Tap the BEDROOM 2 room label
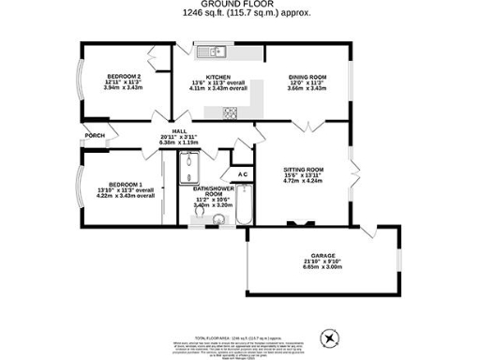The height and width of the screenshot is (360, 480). [x=124, y=75]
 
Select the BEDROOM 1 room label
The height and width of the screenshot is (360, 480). [x=126, y=184]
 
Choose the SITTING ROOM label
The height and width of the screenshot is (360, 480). [x=302, y=172]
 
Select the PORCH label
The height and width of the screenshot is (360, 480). [x=95, y=135]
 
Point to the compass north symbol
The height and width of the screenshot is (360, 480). [x=328, y=337]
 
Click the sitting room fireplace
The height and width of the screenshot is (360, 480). [x=302, y=223]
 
